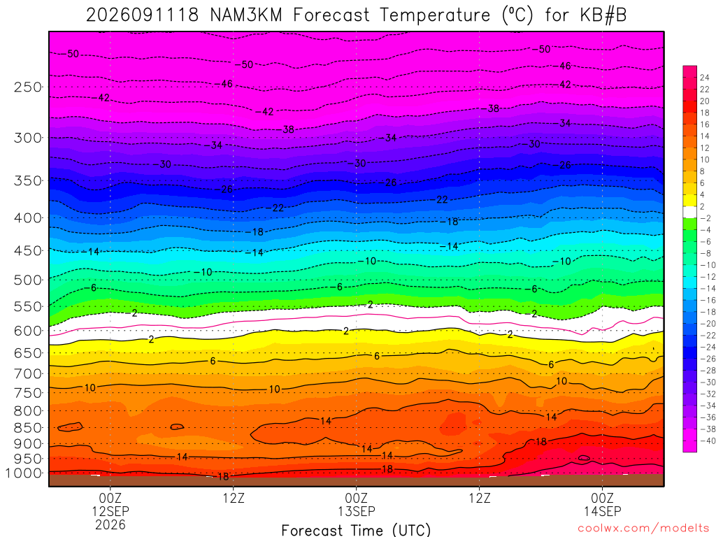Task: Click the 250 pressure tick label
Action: click(x=28, y=87)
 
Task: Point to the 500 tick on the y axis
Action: click(x=28, y=280)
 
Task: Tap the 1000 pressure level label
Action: click(x=24, y=473)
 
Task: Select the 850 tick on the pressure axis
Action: click(x=28, y=428)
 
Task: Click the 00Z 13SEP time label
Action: click(x=356, y=504)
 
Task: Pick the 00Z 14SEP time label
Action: click(x=602, y=504)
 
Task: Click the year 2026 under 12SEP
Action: click(x=110, y=524)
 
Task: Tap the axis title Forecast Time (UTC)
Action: click(x=356, y=530)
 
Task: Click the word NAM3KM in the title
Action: click(x=247, y=15)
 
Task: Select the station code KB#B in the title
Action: click(x=603, y=15)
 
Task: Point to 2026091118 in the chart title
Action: click(x=143, y=15)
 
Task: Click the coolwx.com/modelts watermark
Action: click(x=643, y=529)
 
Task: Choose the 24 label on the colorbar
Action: click(x=705, y=78)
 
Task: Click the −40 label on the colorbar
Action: click(x=705, y=441)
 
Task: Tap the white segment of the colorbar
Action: click(x=690, y=212)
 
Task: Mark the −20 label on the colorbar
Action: click(x=705, y=323)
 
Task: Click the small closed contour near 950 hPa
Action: click(x=584, y=458)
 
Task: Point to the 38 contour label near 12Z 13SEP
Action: click(x=493, y=108)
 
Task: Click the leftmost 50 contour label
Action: click(x=73, y=54)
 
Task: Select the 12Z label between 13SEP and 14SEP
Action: click(x=480, y=497)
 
